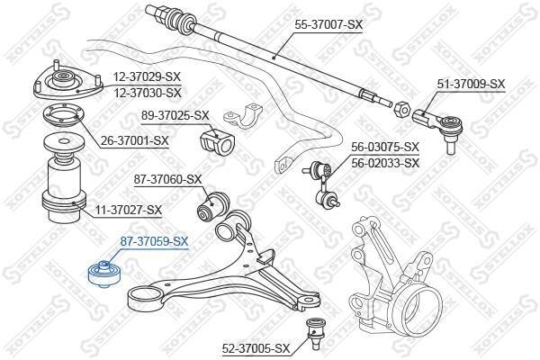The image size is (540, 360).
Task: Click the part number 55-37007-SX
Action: click(328, 25)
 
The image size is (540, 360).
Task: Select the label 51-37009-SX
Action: click(471, 85)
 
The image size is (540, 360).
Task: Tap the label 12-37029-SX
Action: click(147, 77)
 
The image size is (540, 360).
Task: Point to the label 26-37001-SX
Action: click(135, 141)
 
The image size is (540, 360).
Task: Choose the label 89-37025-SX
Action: click(175, 116)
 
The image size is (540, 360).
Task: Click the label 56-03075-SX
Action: click(385, 148)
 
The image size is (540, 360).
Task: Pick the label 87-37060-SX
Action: click(167, 179)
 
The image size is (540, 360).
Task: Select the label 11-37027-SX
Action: click(128, 210)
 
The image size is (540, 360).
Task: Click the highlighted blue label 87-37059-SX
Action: click(154, 242)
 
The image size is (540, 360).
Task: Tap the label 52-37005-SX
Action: click(256, 349)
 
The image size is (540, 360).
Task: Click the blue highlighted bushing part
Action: click(104, 274)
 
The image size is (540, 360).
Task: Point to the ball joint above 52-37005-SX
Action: click(314, 333)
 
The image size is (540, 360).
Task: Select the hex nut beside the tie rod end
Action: click(400, 110)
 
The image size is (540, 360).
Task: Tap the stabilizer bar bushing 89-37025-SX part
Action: click(217, 141)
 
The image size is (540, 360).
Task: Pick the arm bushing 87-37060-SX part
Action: click(212, 207)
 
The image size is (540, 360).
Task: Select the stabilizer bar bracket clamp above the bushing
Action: click(243, 115)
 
